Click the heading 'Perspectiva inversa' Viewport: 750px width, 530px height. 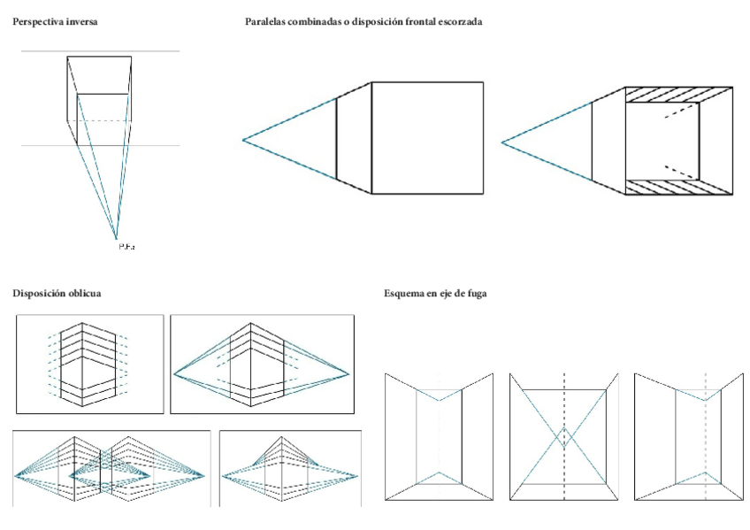(x=54, y=21)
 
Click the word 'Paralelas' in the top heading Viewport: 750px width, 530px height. (x=266, y=21)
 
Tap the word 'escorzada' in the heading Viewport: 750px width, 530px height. (x=460, y=21)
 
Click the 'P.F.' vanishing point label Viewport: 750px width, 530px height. (x=125, y=246)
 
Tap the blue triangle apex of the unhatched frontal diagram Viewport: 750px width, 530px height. (x=244, y=140)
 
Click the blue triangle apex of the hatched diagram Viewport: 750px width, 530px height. (x=501, y=142)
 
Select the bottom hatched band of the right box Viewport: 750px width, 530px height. (x=678, y=185)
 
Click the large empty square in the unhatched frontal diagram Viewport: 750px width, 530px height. (x=427, y=137)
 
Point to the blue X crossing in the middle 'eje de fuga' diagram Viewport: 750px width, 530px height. (x=564, y=437)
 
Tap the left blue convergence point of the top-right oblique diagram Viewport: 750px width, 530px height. (x=175, y=375)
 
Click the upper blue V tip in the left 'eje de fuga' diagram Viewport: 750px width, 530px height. (x=439, y=401)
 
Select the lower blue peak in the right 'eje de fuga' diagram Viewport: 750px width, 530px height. (x=705, y=472)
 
